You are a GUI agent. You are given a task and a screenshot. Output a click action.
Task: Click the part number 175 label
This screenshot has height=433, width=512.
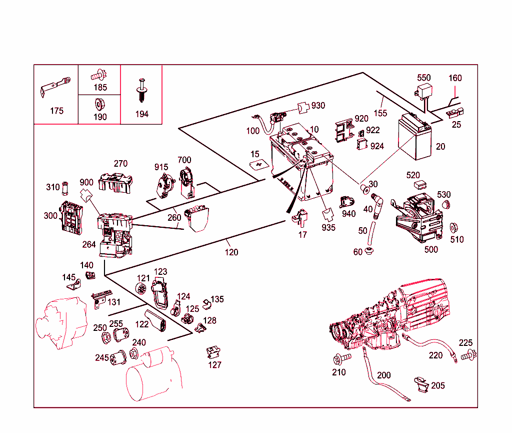[56, 111]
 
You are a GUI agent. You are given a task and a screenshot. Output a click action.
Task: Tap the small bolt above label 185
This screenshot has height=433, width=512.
[98, 76]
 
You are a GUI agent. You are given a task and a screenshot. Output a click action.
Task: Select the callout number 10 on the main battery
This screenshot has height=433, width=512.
[314, 130]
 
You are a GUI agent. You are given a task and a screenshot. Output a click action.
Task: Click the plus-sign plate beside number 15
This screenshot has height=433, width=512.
[259, 164]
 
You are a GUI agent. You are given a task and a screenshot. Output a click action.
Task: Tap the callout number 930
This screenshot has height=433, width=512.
[318, 106]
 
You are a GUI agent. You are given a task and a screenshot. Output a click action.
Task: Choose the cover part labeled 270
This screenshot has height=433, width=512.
[115, 182]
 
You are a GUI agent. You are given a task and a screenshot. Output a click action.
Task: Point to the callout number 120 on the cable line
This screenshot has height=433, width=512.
[231, 252]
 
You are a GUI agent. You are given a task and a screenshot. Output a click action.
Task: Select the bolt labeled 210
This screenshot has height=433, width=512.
[341, 358]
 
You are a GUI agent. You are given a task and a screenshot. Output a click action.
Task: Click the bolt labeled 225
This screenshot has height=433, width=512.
[469, 356]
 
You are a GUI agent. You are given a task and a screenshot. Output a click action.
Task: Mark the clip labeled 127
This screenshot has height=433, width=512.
[213, 352]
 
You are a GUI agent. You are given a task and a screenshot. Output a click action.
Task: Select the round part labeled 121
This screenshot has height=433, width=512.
[143, 289]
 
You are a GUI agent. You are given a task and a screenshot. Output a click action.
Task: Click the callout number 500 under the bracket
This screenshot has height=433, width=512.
[430, 249]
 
